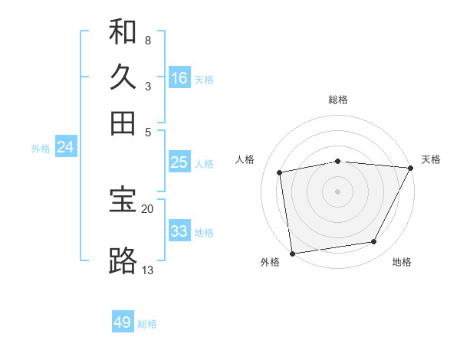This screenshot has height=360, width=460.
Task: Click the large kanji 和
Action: click(x=123, y=31)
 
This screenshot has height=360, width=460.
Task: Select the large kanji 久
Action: click(x=123, y=77)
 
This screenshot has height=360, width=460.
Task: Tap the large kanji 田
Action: click(x=123, y=123)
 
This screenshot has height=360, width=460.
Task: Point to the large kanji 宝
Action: click(x=123, y=200)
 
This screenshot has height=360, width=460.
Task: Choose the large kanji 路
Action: click(x=123, y=261)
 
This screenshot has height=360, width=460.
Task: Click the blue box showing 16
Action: click(x=179, y=78)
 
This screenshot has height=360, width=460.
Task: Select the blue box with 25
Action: click(x=179, y=162)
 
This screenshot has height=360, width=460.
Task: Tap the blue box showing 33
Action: click(x=179, y=231)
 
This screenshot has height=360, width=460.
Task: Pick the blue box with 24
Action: click(x=65, y=147)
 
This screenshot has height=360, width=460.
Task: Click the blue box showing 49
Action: click(x=123, y=322)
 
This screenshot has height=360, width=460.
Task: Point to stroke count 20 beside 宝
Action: click(x=147, y=208)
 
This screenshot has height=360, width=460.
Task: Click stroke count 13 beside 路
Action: click(x=147, y=270)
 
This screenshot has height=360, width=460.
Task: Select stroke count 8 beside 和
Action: click(x=147, y=40)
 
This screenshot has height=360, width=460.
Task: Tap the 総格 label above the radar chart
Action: click(x=338, y=100)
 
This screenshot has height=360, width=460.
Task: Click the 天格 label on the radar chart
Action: click(x=431, y=159)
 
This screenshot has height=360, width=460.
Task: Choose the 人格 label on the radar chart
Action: click(x=245, y=159)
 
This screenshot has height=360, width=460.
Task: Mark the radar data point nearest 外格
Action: click(x=292, y=253)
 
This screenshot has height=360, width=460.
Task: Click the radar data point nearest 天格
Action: click(x=410, y=168)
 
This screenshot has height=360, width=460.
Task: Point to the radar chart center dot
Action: click(x=338, y=191)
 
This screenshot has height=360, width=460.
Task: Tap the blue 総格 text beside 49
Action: click(x=147, y=324)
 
